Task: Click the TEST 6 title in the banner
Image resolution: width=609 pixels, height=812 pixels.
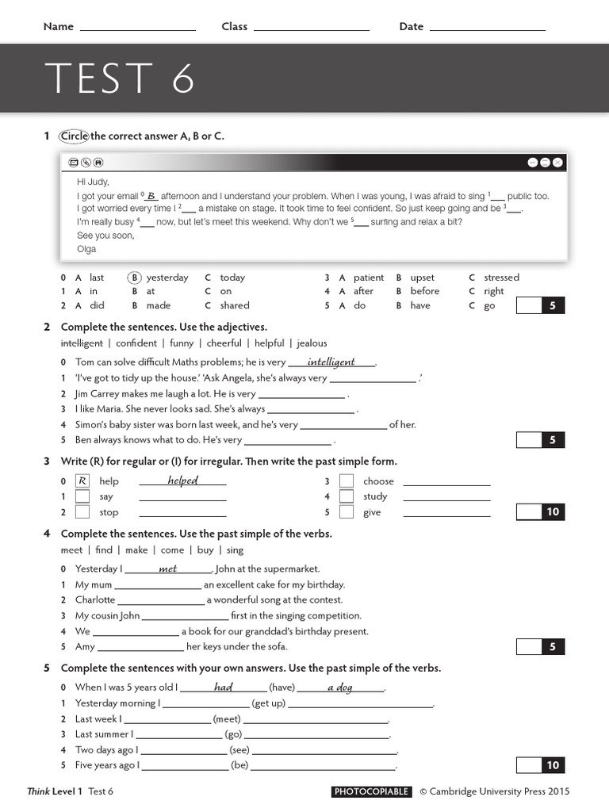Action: click(120, 79)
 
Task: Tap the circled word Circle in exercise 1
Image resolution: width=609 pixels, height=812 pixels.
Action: click(74, 136)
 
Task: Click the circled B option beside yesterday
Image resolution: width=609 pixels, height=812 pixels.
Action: click(135, 278)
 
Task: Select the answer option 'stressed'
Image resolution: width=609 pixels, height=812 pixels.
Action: click(501, 278)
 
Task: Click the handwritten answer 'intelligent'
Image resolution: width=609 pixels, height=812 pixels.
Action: click(331, 362)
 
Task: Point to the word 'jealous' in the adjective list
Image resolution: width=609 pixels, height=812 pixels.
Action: click(312, 343)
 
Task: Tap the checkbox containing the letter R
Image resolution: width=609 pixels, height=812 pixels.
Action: click(82, 481)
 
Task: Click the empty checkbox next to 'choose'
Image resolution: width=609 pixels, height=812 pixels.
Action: click(346, 481)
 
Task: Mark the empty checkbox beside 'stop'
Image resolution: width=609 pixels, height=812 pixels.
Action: click(82, 512)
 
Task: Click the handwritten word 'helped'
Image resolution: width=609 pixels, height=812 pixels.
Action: click(182, 481)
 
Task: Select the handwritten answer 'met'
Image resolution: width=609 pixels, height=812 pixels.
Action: click(168, 569)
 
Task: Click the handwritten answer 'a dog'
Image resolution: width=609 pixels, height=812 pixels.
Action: click(340, 688)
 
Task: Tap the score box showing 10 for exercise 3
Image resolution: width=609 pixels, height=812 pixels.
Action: click(553, 512)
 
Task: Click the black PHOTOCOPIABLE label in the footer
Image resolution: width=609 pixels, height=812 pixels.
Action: click(371, 791)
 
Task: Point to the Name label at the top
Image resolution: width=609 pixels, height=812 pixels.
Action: click(58, 26)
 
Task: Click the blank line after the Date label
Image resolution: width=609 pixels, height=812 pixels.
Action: click(487, 29)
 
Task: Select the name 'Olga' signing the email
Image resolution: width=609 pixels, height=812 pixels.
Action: click(86, 249)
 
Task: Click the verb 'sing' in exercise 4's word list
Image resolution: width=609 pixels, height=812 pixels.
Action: click(235, 550)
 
